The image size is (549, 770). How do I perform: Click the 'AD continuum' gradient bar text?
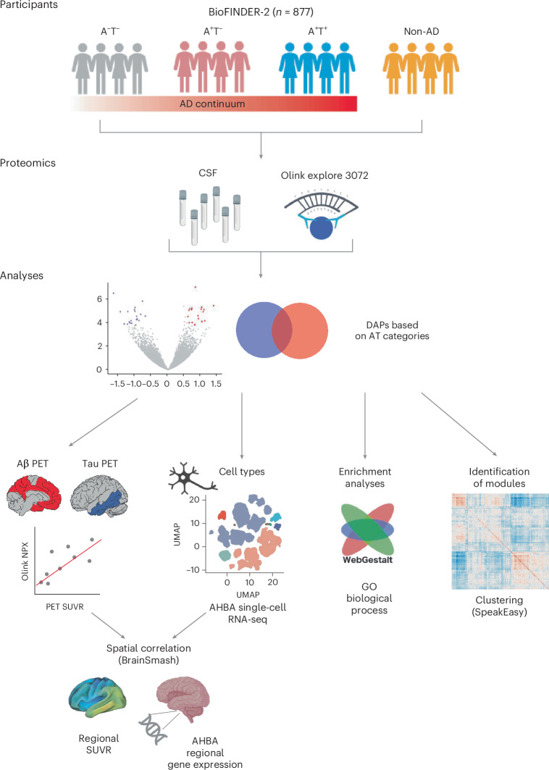pyautogui.click(x=212, y=104)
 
